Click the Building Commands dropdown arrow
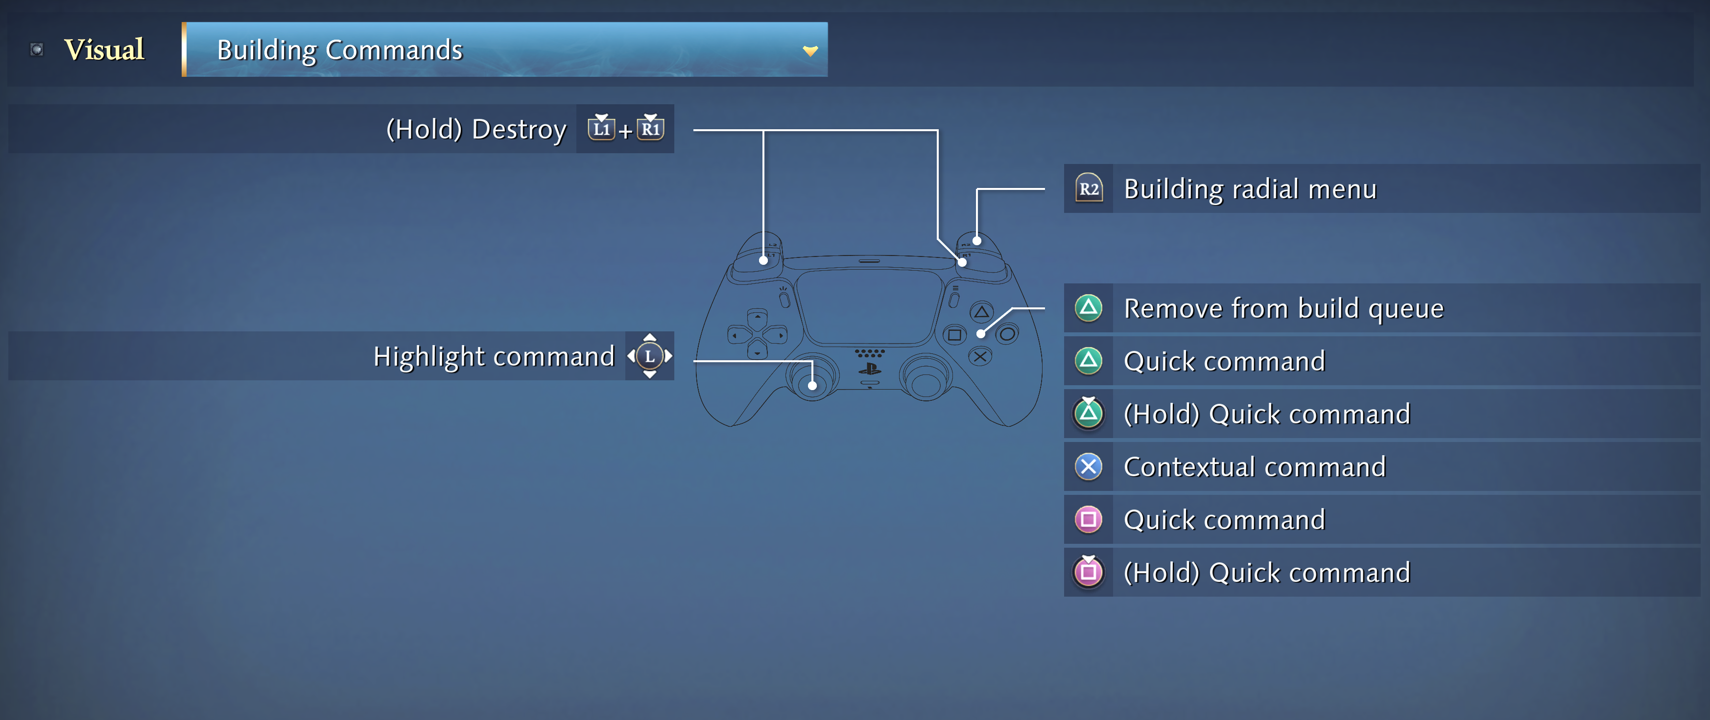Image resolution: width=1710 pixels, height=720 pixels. [x=810, y=50]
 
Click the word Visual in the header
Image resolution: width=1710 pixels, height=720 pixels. [x=104, y=50]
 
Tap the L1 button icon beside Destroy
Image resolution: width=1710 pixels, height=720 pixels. [x=601, y=127]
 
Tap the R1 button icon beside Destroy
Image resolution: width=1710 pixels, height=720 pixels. [x=650, y=127]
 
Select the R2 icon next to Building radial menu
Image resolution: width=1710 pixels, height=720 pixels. [x=1089, y=188]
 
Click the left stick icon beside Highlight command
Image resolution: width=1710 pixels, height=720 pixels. [x=650, y=356]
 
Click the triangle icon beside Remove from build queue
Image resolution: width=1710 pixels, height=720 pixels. [x=1089, y=308]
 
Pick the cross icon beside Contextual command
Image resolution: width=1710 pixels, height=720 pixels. [x=1089, y=466]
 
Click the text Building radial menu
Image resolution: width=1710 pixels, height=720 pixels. [x=1251, y=189]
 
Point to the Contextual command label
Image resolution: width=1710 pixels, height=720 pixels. [x=1255, y=466]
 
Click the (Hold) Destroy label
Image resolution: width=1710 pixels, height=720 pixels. [x=476, y=129]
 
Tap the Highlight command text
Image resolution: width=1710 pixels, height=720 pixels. [x=494, y=356]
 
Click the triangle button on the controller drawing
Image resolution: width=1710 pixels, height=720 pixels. [x=981, y=312]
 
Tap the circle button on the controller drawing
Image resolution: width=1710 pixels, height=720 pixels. [x=1007, y=334]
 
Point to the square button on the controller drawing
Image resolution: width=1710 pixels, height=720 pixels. [x=954, y=334]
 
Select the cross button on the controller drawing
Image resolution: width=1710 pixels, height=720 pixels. [x=980, y=357]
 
